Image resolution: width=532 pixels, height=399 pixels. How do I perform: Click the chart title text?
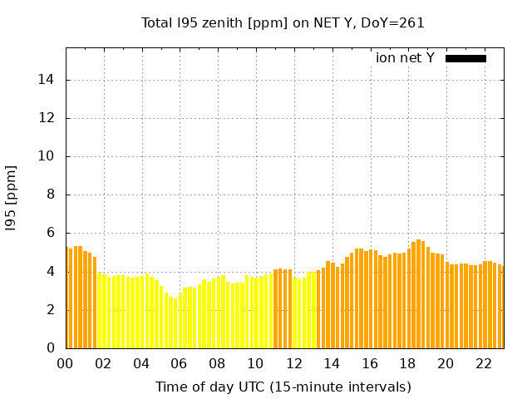pyautogui.click(x=283, y=23)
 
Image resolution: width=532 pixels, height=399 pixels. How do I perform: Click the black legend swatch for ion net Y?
pyautogui.click(x=465, y=58)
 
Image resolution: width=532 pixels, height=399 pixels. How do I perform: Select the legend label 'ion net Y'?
pyautogui.click(x=405, y=58)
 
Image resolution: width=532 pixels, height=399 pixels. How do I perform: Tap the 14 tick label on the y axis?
pyautogui.click(x=49, y=80)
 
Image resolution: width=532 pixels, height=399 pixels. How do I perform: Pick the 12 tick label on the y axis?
pyautogui.click(x=49, y=118)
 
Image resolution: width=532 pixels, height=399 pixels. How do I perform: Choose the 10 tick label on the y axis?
pyautogui.click(x=49, y=156)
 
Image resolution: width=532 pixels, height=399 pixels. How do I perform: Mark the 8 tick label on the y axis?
pyautogui.click(x=52, y=195)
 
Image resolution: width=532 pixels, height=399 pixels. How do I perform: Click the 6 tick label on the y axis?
pyautogui.click(x=52, y=234)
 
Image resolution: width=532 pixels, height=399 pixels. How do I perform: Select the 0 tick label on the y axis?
pyautogui.click(x=52, y=348)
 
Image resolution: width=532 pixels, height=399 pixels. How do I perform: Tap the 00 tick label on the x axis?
pyautogui.click(x=66, y=363)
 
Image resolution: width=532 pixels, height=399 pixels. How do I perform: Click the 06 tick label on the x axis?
pyautogui.click(x=180, y=363)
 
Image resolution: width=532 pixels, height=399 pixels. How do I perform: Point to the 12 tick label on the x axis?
pyautogui.click(x=293, y=363)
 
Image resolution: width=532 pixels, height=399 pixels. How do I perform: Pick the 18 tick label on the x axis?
pyautogui.click(x=407, y=363)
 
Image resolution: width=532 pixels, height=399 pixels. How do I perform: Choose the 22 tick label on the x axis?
pyautogui.click(x=484, y=363)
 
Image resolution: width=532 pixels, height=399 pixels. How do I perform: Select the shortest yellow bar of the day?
pyautogui.click(x=175, y=323)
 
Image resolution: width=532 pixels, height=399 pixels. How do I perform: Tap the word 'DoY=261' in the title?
pyautogui.click(x=397, y=23)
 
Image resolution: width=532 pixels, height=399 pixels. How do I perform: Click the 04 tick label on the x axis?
pyautogui.click(x=141, y=363)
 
